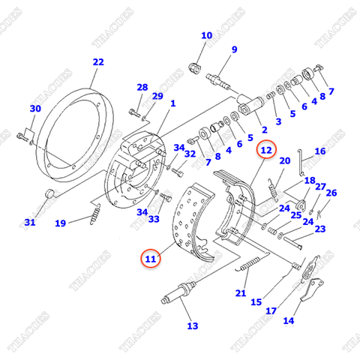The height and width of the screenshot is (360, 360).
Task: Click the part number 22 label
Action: pos(98,62)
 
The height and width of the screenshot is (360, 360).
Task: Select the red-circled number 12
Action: pos(265,151)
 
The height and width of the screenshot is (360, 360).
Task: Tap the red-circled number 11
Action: pos(151,259)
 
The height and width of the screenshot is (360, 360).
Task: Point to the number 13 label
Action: pos(193,325)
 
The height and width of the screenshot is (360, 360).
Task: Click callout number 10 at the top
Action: pos(206,35)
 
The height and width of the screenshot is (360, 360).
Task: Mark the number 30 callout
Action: pos(34,109)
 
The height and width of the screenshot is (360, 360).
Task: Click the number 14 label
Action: pos(288,321)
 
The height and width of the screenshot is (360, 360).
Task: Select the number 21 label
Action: pos(241,294)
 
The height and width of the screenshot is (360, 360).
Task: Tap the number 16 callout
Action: pos(319,151)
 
